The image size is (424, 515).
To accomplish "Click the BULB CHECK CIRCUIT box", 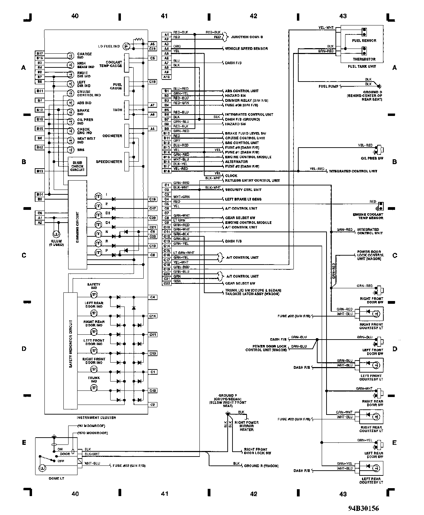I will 77,166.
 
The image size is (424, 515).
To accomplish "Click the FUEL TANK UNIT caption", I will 362,66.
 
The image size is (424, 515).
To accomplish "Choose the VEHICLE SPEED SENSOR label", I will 246,49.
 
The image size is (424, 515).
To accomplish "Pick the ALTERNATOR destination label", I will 236,162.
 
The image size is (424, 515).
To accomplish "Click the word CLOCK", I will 231,176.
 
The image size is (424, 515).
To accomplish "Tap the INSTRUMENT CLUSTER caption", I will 96,418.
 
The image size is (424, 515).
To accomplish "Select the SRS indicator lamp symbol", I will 70,150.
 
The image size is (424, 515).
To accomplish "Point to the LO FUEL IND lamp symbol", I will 126,46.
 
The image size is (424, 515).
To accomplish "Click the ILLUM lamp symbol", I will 56,234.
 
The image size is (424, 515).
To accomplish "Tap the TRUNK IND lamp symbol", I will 94,388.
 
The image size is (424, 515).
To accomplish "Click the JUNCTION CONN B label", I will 247,37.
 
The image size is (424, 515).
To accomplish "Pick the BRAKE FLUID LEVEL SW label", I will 245,133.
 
